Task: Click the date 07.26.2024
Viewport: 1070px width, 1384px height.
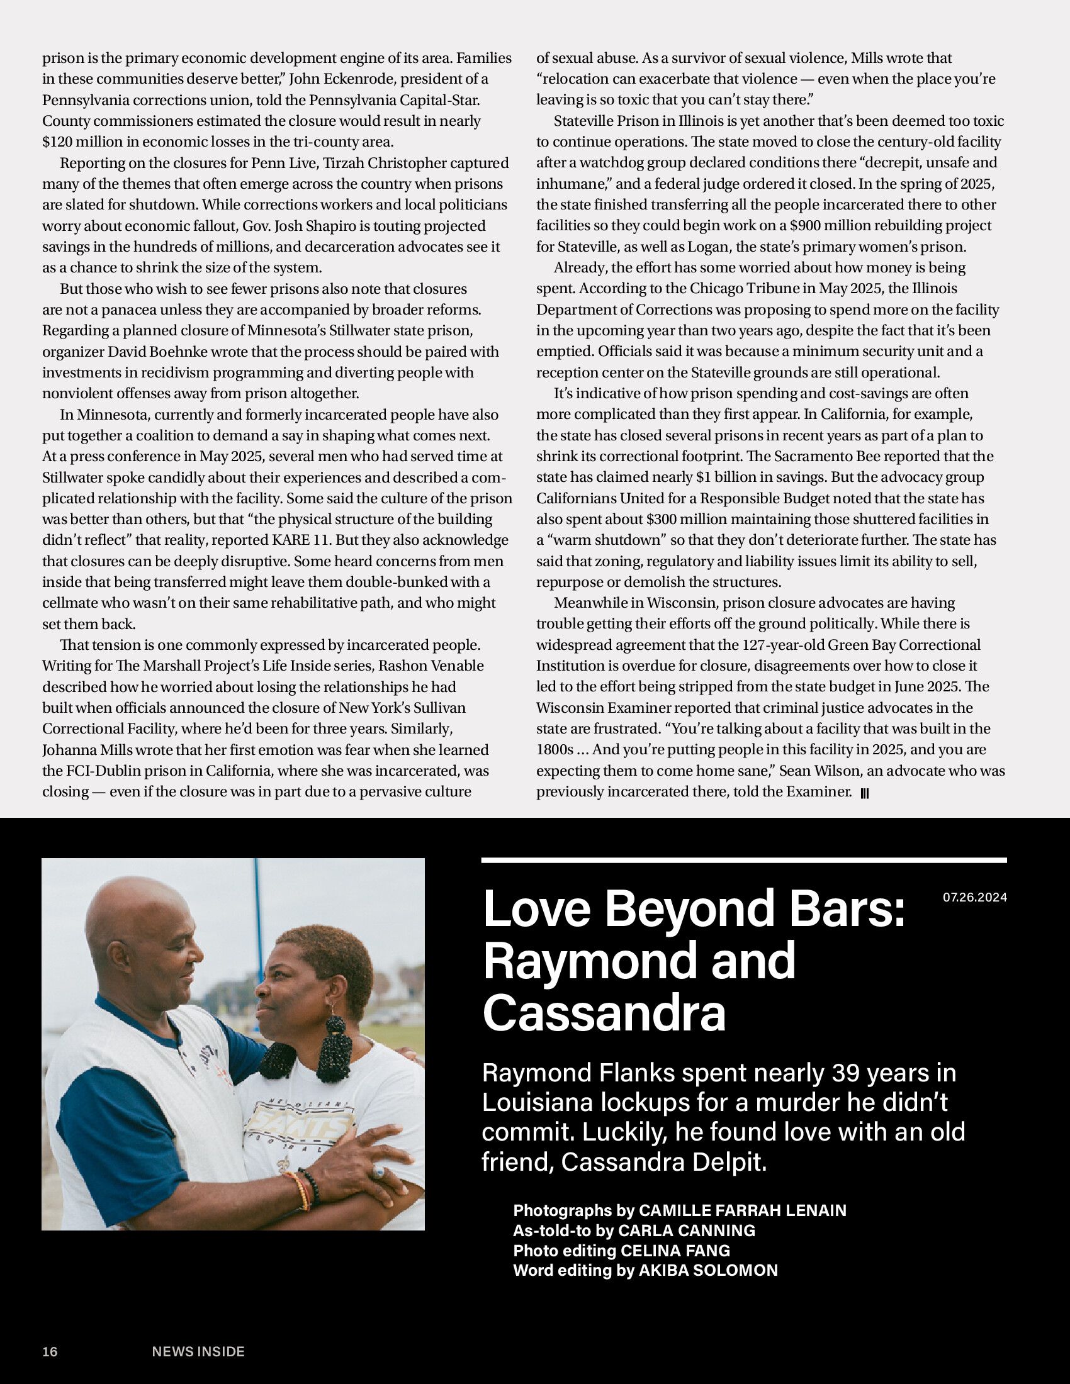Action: [974, 897]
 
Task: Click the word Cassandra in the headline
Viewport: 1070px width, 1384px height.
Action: [604, 1013]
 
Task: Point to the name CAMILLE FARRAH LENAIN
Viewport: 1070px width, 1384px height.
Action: [742, 1210]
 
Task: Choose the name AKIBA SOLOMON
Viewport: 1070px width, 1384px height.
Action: [708, 1270]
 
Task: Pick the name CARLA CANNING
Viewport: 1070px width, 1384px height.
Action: [687, 1231]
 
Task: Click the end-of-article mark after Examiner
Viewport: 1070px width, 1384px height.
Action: [865, 793]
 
